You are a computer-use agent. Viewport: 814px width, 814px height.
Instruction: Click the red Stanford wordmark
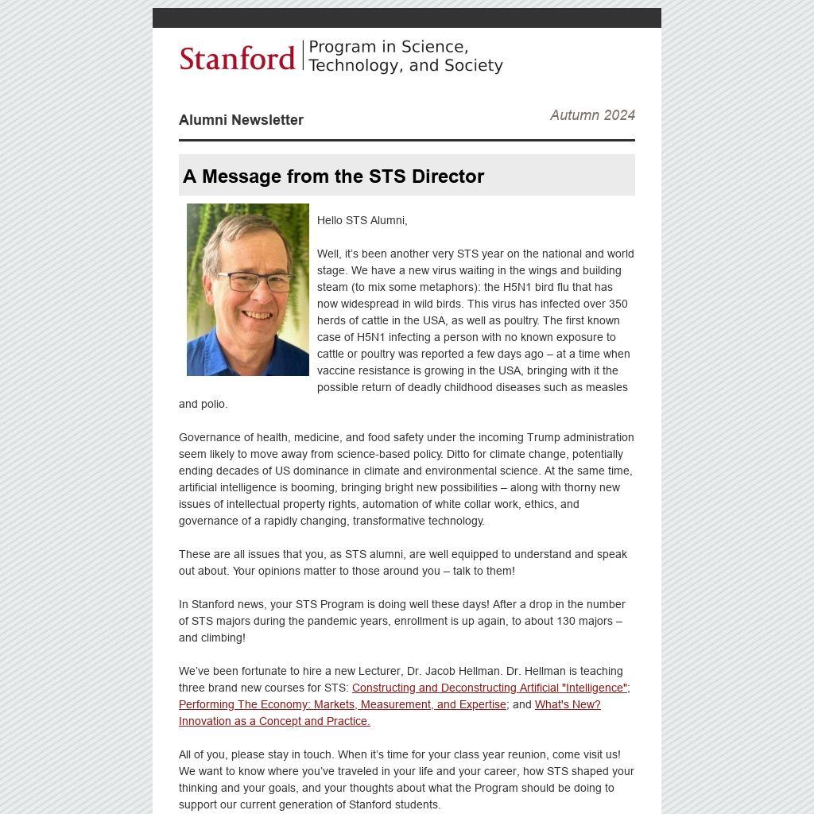pyautogui.click(x=237, y=58)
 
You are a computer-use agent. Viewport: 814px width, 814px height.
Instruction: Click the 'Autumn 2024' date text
pyautogui.click(x=592, y=115)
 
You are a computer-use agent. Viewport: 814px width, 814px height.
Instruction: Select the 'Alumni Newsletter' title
pyautogui.click(x=241, y=120)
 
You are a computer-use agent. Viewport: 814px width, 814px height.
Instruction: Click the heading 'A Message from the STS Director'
pyautogui.click(x=333, y=176)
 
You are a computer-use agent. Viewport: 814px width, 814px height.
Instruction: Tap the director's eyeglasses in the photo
pyautogui.click(x=253, y=281)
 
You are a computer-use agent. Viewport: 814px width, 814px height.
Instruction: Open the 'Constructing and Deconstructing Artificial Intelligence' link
pyautogui.click(x=489, y=688)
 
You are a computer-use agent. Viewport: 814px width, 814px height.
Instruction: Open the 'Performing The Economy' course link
pyautogui.click(x=342, y=704)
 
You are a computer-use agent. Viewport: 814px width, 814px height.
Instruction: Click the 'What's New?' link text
pyautogui.click(x=568, y=704)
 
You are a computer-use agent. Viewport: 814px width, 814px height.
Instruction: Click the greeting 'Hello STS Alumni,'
pyautogui.click(x=362, y=220)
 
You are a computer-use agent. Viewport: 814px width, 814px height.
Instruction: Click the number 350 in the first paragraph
pyautogui.click(x=618, y=304)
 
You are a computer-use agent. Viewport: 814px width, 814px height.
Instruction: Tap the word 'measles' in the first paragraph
pyautogui.click(x=607, y=387)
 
